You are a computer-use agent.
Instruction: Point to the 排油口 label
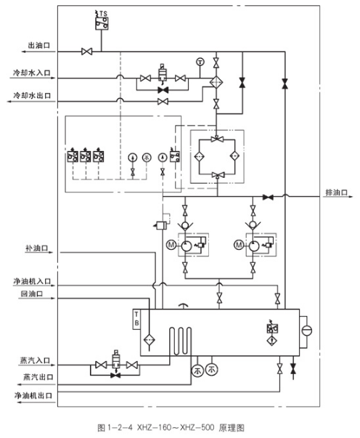click(335, 192)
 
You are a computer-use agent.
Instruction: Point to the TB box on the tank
click(136, 318)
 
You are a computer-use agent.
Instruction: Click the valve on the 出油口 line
click(86, 52)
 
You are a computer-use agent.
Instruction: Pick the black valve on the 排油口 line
click(268, 197)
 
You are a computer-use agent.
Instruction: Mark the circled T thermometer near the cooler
click(200, 60)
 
